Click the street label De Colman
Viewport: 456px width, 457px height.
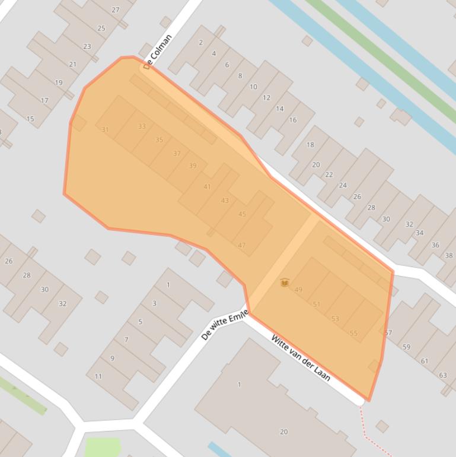pyautogui.click(x=158, y=51)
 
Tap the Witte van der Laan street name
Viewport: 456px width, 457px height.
pyautogui.click(x=301, y=358)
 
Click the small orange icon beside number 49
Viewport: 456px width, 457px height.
pyautogui.click(x=285, y=283)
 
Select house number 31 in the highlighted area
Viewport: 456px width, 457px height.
pyautogui.click(x=106, y=129)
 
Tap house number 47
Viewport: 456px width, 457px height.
pyautogui.click(x=241, y=245)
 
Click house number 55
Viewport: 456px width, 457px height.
pyautogui.click(x=353, y=333)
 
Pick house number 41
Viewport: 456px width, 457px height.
pyautogui.click(x=207, y=187)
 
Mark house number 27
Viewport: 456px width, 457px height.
pyautogui.click(x=116, y=10)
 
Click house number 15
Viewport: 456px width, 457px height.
pyautogui.click(x=30, y=119)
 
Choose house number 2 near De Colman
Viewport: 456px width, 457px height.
pyautogui.click(x=201, y=42)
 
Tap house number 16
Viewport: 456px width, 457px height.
pyautogui.click(x=292, y=120)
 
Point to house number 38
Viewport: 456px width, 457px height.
pyautogui.click(x=449, y=256)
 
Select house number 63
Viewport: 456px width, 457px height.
pyautogui.click(x=443, y=375)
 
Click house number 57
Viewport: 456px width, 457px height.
pyautogui.click(x=388, y=333)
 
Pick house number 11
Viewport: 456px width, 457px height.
pyautogui.click(x=98, y=376)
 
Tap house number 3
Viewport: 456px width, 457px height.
pyautogui.click(x=154, y=303)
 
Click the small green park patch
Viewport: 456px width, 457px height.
pyautogui.click(x=103, y=447)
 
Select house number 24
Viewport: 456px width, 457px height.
pyautogui.click(x=343, y=185)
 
